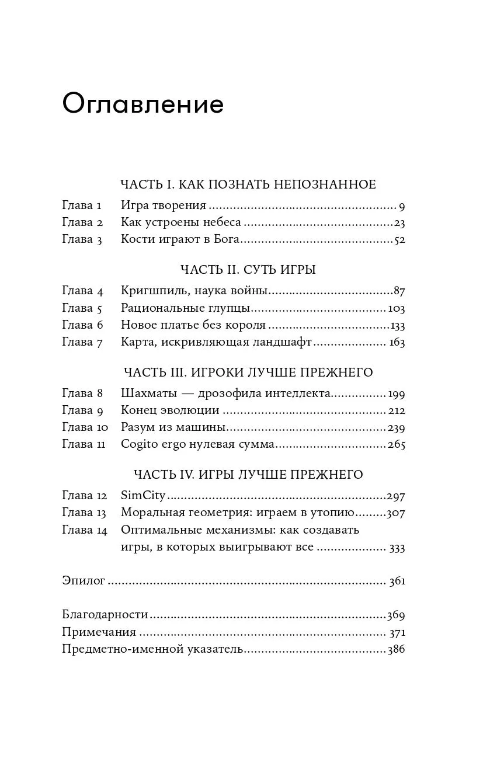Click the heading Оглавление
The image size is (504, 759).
142,105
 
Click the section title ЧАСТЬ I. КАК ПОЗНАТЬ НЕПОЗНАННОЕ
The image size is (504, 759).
248,185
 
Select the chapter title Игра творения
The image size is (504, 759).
164,206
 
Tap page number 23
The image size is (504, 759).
399,222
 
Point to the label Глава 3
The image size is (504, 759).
82,239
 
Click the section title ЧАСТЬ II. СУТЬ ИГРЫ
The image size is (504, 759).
248,270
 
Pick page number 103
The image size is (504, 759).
395,308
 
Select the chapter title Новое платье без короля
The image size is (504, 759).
193,325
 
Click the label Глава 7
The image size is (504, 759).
82,342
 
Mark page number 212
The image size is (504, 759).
395,410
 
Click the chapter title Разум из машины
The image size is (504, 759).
173,427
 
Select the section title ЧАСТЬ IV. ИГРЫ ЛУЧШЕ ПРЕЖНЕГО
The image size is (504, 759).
248,475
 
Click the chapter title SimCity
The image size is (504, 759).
143,496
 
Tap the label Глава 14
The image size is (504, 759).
85,530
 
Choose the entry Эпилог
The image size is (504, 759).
84,582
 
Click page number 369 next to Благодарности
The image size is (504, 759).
395,615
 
